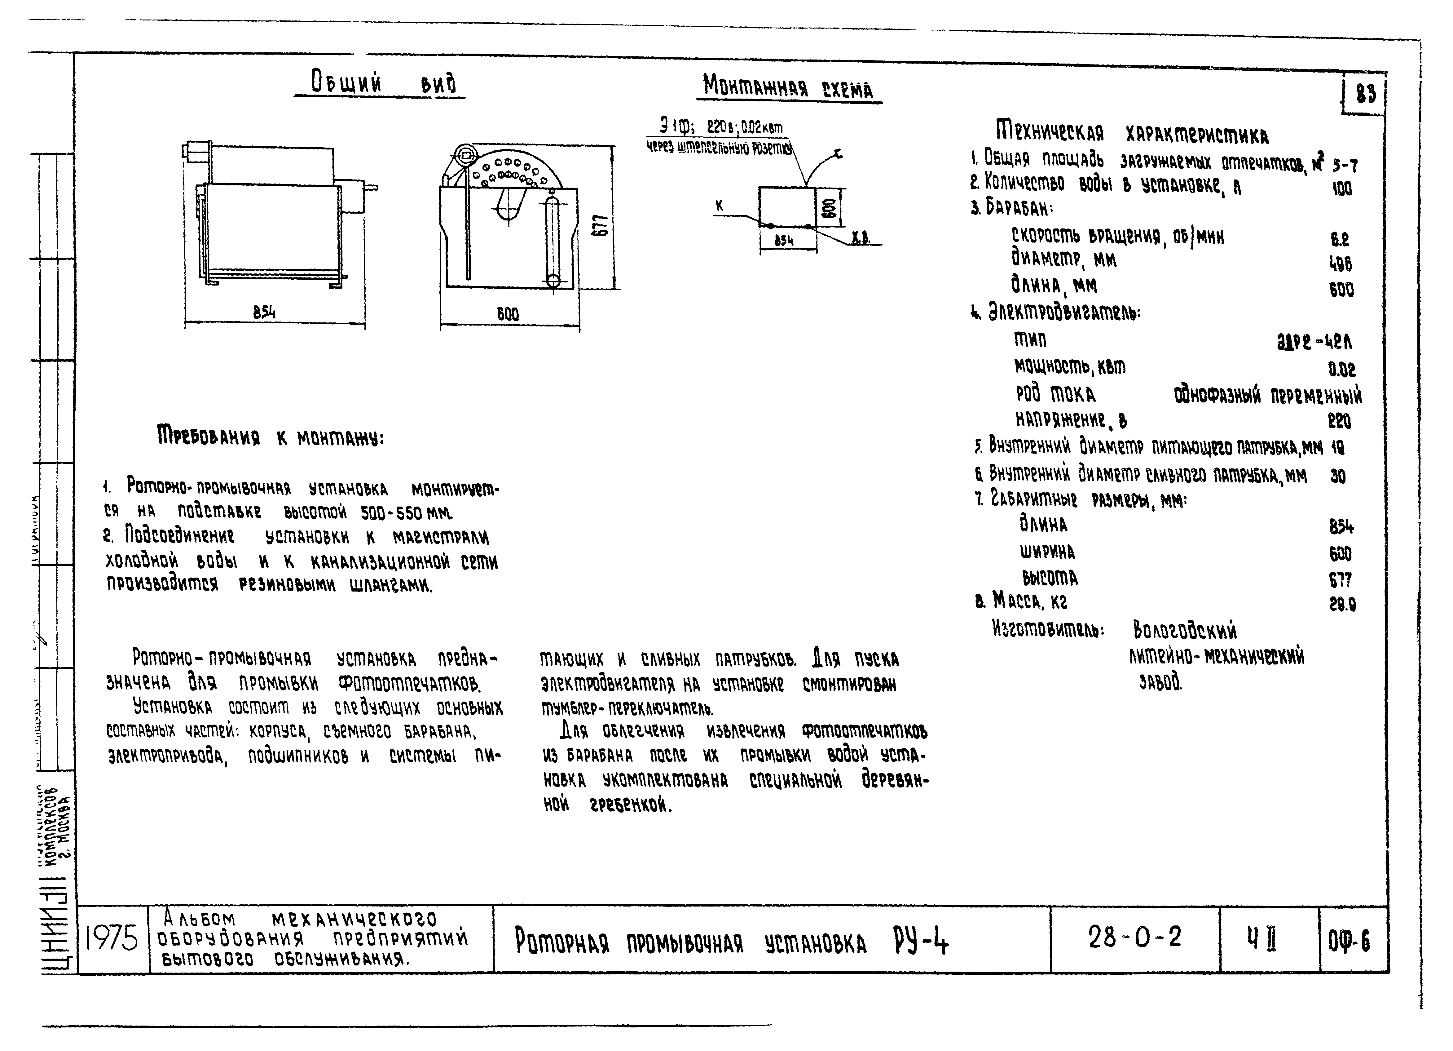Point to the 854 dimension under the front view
[x=264, y=313]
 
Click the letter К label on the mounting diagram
[x=720, y=206]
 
